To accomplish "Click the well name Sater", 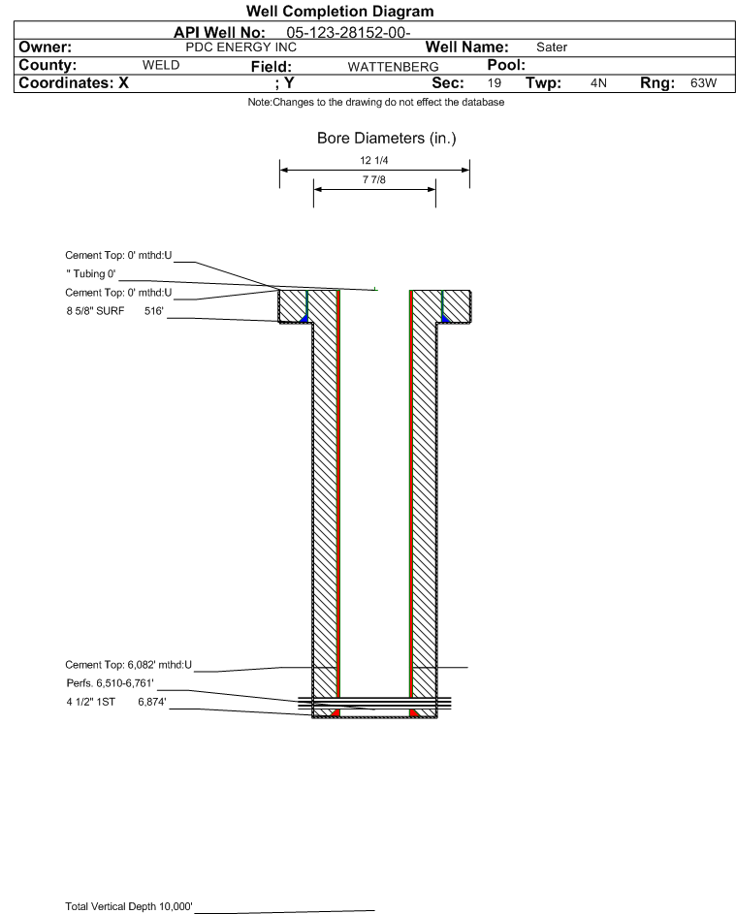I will [552, 47].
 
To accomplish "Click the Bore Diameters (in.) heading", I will [386, 139].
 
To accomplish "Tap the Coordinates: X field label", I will [67, 83].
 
